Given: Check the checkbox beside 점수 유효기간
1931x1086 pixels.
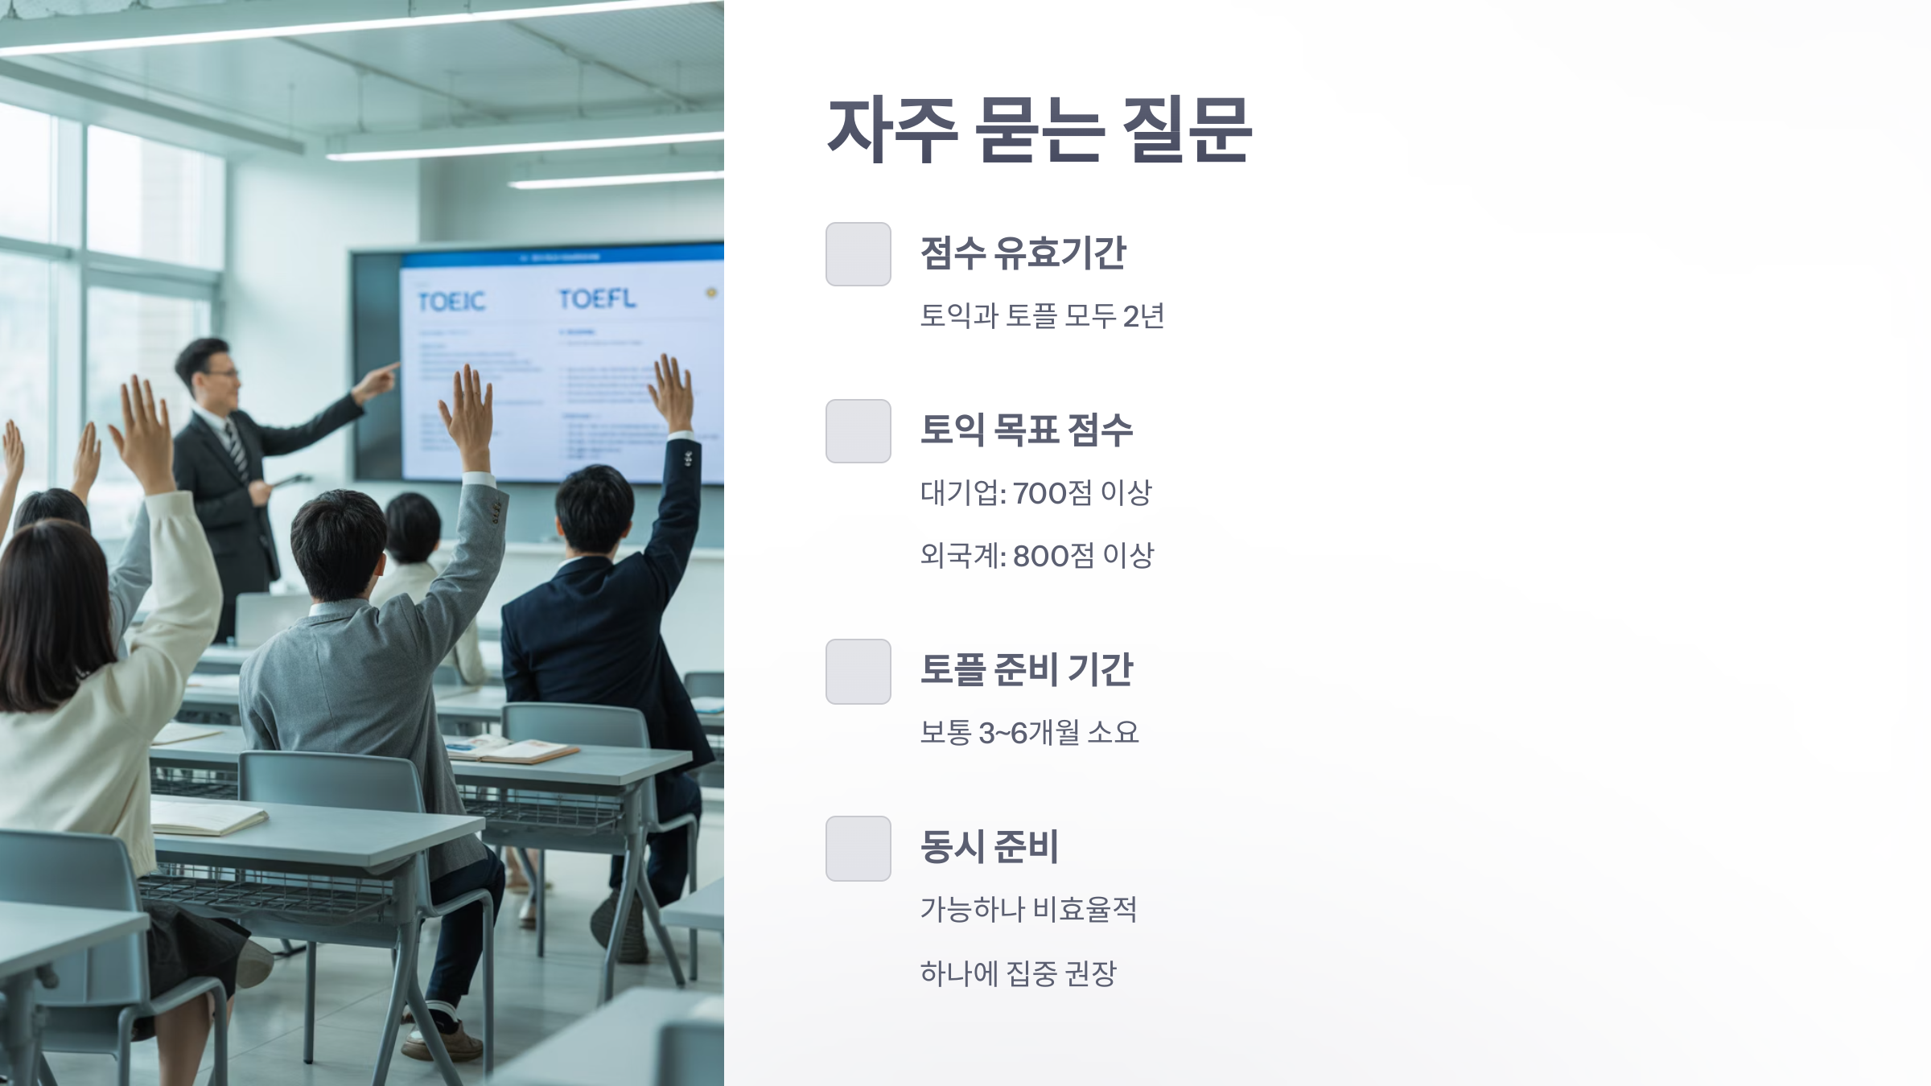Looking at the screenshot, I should point(858,254).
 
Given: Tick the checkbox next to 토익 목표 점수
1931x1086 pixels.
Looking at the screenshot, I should point(858,431).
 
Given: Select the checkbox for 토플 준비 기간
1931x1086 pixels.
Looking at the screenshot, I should point(858,672).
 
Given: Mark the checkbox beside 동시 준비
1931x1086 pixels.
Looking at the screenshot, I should point(858,849).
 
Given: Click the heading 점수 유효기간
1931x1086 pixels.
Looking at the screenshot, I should point(1022,253).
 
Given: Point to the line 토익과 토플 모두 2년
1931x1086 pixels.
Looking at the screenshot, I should point(1041,315).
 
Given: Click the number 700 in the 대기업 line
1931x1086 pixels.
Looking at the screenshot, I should point(1037,493).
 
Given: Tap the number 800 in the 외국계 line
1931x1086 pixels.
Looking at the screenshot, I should point(1039,556).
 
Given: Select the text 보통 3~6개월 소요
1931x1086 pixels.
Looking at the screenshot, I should point(1028,733).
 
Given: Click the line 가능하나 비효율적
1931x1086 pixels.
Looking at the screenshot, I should point(1027,910).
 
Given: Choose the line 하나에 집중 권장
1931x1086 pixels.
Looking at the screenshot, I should point(1018,973).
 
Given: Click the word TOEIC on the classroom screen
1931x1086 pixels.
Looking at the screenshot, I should point(451,302).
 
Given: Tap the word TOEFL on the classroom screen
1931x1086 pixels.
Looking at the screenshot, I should point(596,298).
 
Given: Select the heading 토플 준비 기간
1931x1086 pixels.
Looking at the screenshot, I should point(1026,670).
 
